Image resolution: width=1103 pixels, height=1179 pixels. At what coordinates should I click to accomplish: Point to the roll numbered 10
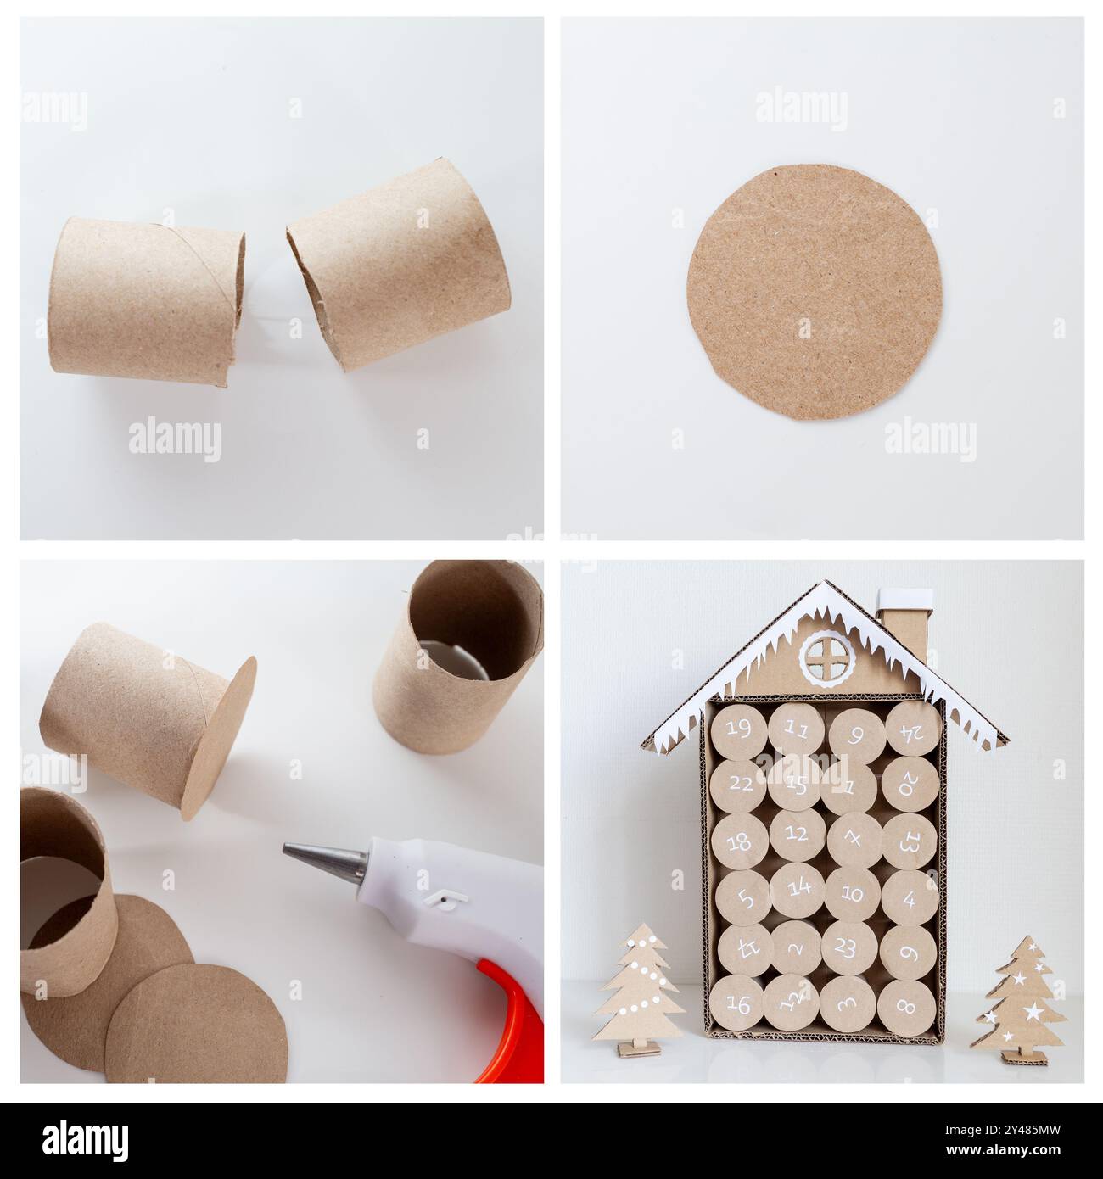point(853,895)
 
